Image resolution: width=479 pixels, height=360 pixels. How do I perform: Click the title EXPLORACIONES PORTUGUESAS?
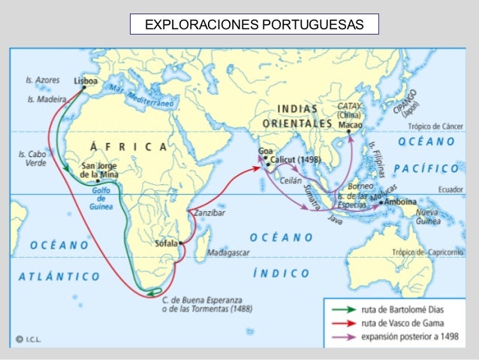click(253, 25)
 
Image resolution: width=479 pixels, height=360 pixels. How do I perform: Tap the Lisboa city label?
click(86, 79)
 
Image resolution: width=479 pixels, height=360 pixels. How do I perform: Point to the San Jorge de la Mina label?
click(98, 171)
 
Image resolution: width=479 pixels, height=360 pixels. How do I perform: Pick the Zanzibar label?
click(209, 213)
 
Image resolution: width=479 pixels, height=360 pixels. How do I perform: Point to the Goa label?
click(266, 152)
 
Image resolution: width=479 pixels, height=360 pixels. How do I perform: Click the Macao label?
click(350, 125)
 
